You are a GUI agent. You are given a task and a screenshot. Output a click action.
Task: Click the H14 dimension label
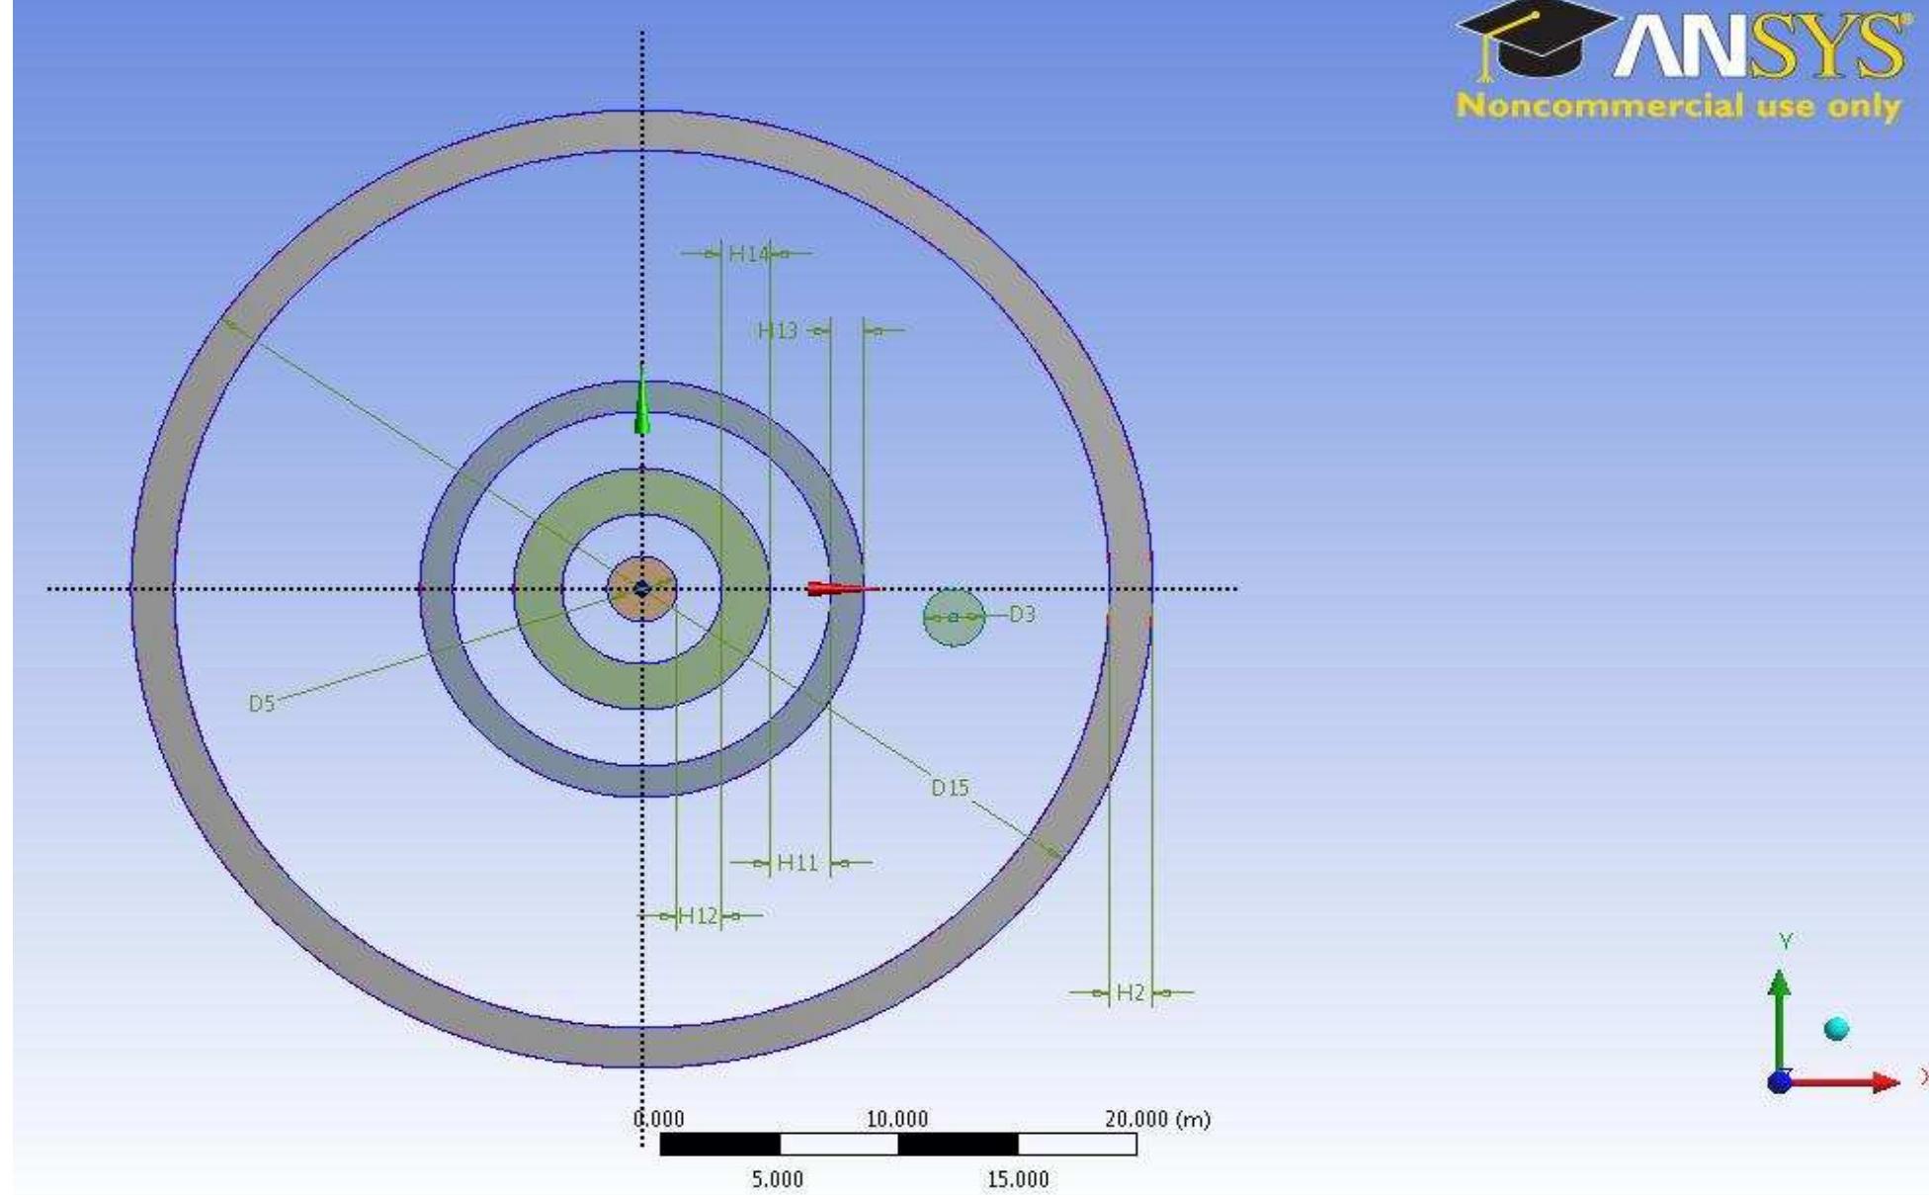tap(747, 254)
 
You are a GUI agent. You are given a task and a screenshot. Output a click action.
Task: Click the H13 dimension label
tap(778, 331)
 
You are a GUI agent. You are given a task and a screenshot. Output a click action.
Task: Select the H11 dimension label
tap(797, 863)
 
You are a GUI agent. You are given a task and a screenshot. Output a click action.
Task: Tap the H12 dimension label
tap(699, 916)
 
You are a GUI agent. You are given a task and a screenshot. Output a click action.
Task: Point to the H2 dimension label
tap(1131, 992)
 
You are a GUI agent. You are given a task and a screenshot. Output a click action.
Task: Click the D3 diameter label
tap(1022, 615)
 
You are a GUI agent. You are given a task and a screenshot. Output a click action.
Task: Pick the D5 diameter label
tap(261, 704)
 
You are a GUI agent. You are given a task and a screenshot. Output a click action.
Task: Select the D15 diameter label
tap(950, 788)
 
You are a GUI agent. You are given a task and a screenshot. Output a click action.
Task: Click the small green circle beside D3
tap(953, 618)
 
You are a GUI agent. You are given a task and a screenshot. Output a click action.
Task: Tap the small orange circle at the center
tap(642, 590)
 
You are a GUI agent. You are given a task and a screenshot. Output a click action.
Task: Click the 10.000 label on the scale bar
tap(897, 1120)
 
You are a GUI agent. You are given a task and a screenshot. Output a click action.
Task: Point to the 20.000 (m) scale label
tap(1156, 1120)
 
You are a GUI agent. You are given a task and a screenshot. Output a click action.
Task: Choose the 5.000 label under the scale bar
tap(778, 1179)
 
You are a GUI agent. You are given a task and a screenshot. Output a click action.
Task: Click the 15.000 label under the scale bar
tap(1018, 1179)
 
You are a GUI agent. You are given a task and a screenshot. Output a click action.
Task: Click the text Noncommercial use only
tap(1678, 106)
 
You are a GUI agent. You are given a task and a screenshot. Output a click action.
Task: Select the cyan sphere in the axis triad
tap(1836, 1029)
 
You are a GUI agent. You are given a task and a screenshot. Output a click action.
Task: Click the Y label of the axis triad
tap(1785, 941)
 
